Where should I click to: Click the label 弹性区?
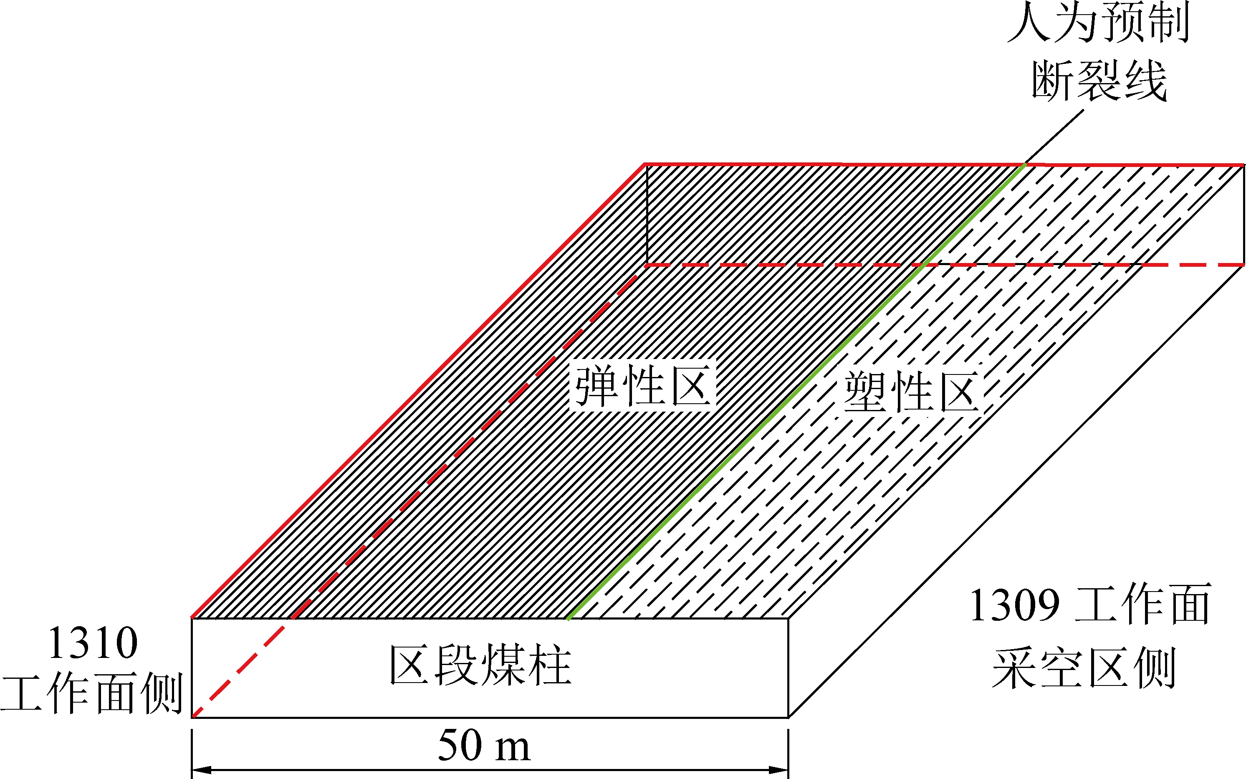point(642,386)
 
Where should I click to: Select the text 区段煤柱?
point(480,665)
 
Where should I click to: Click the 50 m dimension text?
point(483,746)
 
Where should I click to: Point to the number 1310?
point(93,643)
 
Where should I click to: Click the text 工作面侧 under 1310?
point(92,693)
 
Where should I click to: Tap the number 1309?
point(1015,605)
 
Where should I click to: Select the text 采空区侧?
point(1084,668)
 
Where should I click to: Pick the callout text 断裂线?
point(1099,81)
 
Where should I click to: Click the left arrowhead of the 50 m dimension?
point(201,770)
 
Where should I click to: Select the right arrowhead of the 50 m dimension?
point(779,770)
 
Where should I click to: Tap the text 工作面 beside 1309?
point(1143,605)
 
